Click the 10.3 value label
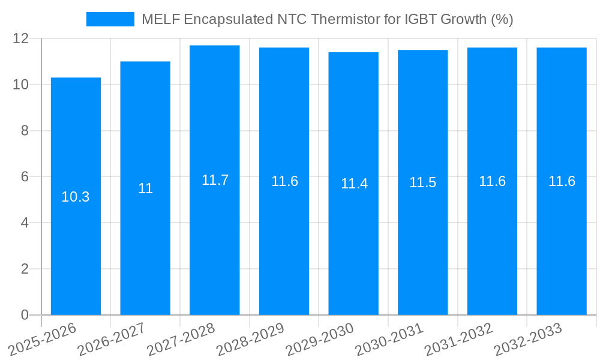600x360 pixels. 76,197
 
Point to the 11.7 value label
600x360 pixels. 215,180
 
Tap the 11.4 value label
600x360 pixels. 353,184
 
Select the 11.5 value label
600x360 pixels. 423,182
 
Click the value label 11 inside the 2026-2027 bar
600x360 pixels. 145,188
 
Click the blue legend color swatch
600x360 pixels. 110,19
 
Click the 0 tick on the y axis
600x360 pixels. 25,315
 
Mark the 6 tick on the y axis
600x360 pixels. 25,177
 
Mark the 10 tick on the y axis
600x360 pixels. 20,85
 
